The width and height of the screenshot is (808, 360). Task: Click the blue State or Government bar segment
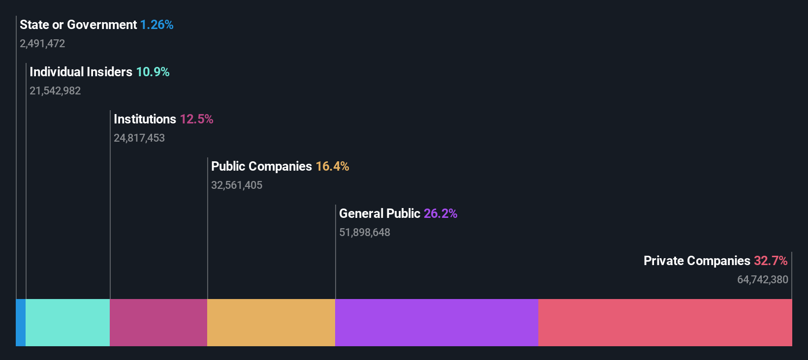click(21, 322)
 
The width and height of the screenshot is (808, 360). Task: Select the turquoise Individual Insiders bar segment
click(67, 322)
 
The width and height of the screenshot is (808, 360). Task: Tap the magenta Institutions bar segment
click(158, 322)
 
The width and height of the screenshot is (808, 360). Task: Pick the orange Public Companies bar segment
click(271, 322)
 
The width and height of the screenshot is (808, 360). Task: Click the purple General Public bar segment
click(436, 322)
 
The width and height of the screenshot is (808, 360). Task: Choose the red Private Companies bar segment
click(665, 322)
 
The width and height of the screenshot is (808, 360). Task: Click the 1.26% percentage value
click(156, 25)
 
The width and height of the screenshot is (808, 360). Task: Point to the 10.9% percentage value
click(153, 72)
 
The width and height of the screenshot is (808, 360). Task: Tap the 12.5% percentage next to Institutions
click(196, 119)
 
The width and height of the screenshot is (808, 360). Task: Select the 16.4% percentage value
click(332, 166)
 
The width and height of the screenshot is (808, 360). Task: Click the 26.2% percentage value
click(440, 213)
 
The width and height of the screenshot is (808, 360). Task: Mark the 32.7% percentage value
click(771, 261)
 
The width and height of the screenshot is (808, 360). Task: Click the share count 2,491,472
click(42, 43)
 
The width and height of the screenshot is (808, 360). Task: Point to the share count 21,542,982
click(55, 90)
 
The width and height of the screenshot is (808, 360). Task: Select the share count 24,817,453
click(139, 138)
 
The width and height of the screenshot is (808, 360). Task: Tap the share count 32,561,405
click(237, 185)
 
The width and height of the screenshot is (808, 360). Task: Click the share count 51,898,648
click(365, 232)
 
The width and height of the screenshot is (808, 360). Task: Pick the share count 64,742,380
click(762, 279)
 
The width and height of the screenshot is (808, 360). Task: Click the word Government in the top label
click(102, 25)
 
